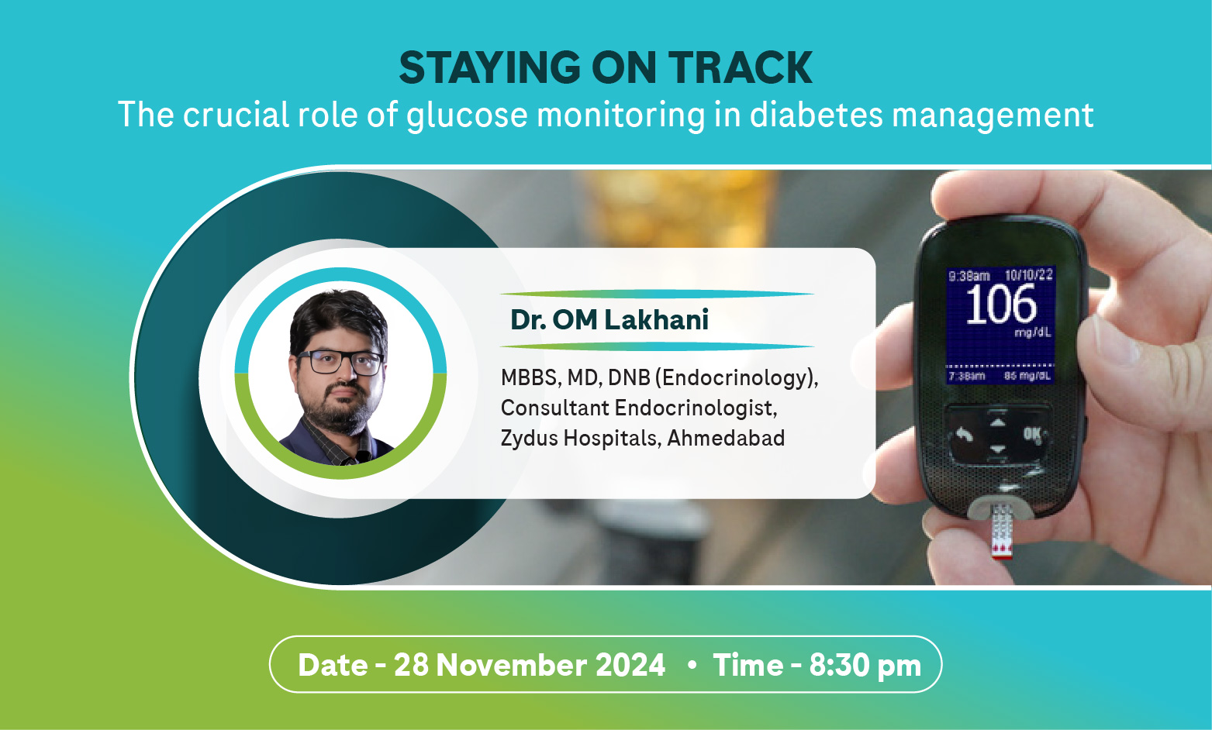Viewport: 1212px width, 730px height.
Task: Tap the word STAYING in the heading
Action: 490,67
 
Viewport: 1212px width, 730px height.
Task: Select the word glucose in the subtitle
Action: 467,115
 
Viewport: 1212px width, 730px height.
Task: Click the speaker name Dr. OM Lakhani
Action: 609,319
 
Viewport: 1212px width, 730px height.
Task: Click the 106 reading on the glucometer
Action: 1001,305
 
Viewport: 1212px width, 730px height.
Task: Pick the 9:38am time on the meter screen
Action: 969,276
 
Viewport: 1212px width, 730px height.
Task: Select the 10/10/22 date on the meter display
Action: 1028,274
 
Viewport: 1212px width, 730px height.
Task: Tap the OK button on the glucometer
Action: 1032,434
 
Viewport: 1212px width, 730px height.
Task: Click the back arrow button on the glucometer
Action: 964,434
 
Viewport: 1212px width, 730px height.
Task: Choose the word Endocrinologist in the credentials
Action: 696,408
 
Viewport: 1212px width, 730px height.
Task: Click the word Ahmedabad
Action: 726,438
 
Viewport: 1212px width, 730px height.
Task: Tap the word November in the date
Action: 511,665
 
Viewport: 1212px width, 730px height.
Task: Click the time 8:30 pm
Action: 865,665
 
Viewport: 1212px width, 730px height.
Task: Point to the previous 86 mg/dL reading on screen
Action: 1027,375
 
